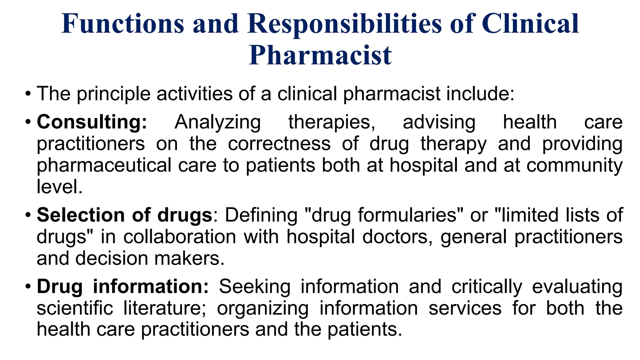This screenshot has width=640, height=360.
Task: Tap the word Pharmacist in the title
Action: point(320,56)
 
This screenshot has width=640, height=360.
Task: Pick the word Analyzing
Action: point(217,122)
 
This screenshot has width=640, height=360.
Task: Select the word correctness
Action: point(279,144)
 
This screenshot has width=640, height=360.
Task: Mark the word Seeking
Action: point(255,287)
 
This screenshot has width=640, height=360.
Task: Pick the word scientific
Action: point(75,308)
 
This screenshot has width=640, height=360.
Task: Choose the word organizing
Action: point(262,308)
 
